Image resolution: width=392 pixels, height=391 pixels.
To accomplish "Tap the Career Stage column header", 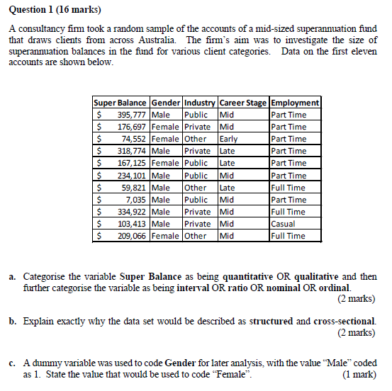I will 244,102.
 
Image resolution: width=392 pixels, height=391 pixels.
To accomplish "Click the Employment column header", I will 295,102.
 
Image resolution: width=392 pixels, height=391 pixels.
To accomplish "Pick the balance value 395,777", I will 132,115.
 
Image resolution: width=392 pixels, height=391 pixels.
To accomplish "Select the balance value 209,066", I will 132,236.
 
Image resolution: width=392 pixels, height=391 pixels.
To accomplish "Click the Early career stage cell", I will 229,139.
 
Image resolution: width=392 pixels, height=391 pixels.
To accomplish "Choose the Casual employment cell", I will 284,224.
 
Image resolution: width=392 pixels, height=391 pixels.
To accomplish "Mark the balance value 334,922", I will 132,212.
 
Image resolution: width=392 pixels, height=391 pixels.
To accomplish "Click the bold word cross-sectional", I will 345,321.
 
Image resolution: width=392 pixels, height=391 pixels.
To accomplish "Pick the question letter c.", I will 13,363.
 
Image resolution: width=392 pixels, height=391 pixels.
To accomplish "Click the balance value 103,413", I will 132,224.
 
